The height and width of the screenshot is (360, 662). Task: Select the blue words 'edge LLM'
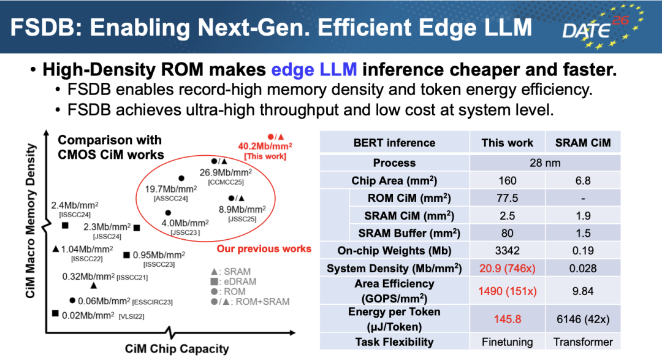(314, 70)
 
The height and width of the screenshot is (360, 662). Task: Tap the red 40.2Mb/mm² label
(265, 146)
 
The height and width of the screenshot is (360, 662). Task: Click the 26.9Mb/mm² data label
(226, 172)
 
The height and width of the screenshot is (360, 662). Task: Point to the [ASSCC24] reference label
(170, 199)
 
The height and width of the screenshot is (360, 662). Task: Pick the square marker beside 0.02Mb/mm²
(55, 313)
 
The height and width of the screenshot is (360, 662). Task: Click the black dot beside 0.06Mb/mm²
(72, 301)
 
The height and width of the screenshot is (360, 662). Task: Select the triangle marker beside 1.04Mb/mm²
(55, 249)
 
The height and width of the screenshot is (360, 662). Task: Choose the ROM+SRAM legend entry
(250, 302)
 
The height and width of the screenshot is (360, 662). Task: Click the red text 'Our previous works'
(264, 249)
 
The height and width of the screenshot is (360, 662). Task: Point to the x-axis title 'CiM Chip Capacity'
(177, 349)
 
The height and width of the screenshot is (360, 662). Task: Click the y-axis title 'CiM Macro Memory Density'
(31, 221)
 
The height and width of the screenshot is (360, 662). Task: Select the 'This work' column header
(507, 143)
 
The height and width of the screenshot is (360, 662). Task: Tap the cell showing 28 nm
(545, 163)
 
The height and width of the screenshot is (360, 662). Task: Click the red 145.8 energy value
(507, 319)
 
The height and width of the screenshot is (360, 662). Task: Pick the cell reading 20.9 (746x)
(507, 269)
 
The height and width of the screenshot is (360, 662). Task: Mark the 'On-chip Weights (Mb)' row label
(394, 251)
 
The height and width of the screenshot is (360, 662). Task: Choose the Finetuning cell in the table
(507, 342)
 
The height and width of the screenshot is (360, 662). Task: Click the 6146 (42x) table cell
(583, 319)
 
